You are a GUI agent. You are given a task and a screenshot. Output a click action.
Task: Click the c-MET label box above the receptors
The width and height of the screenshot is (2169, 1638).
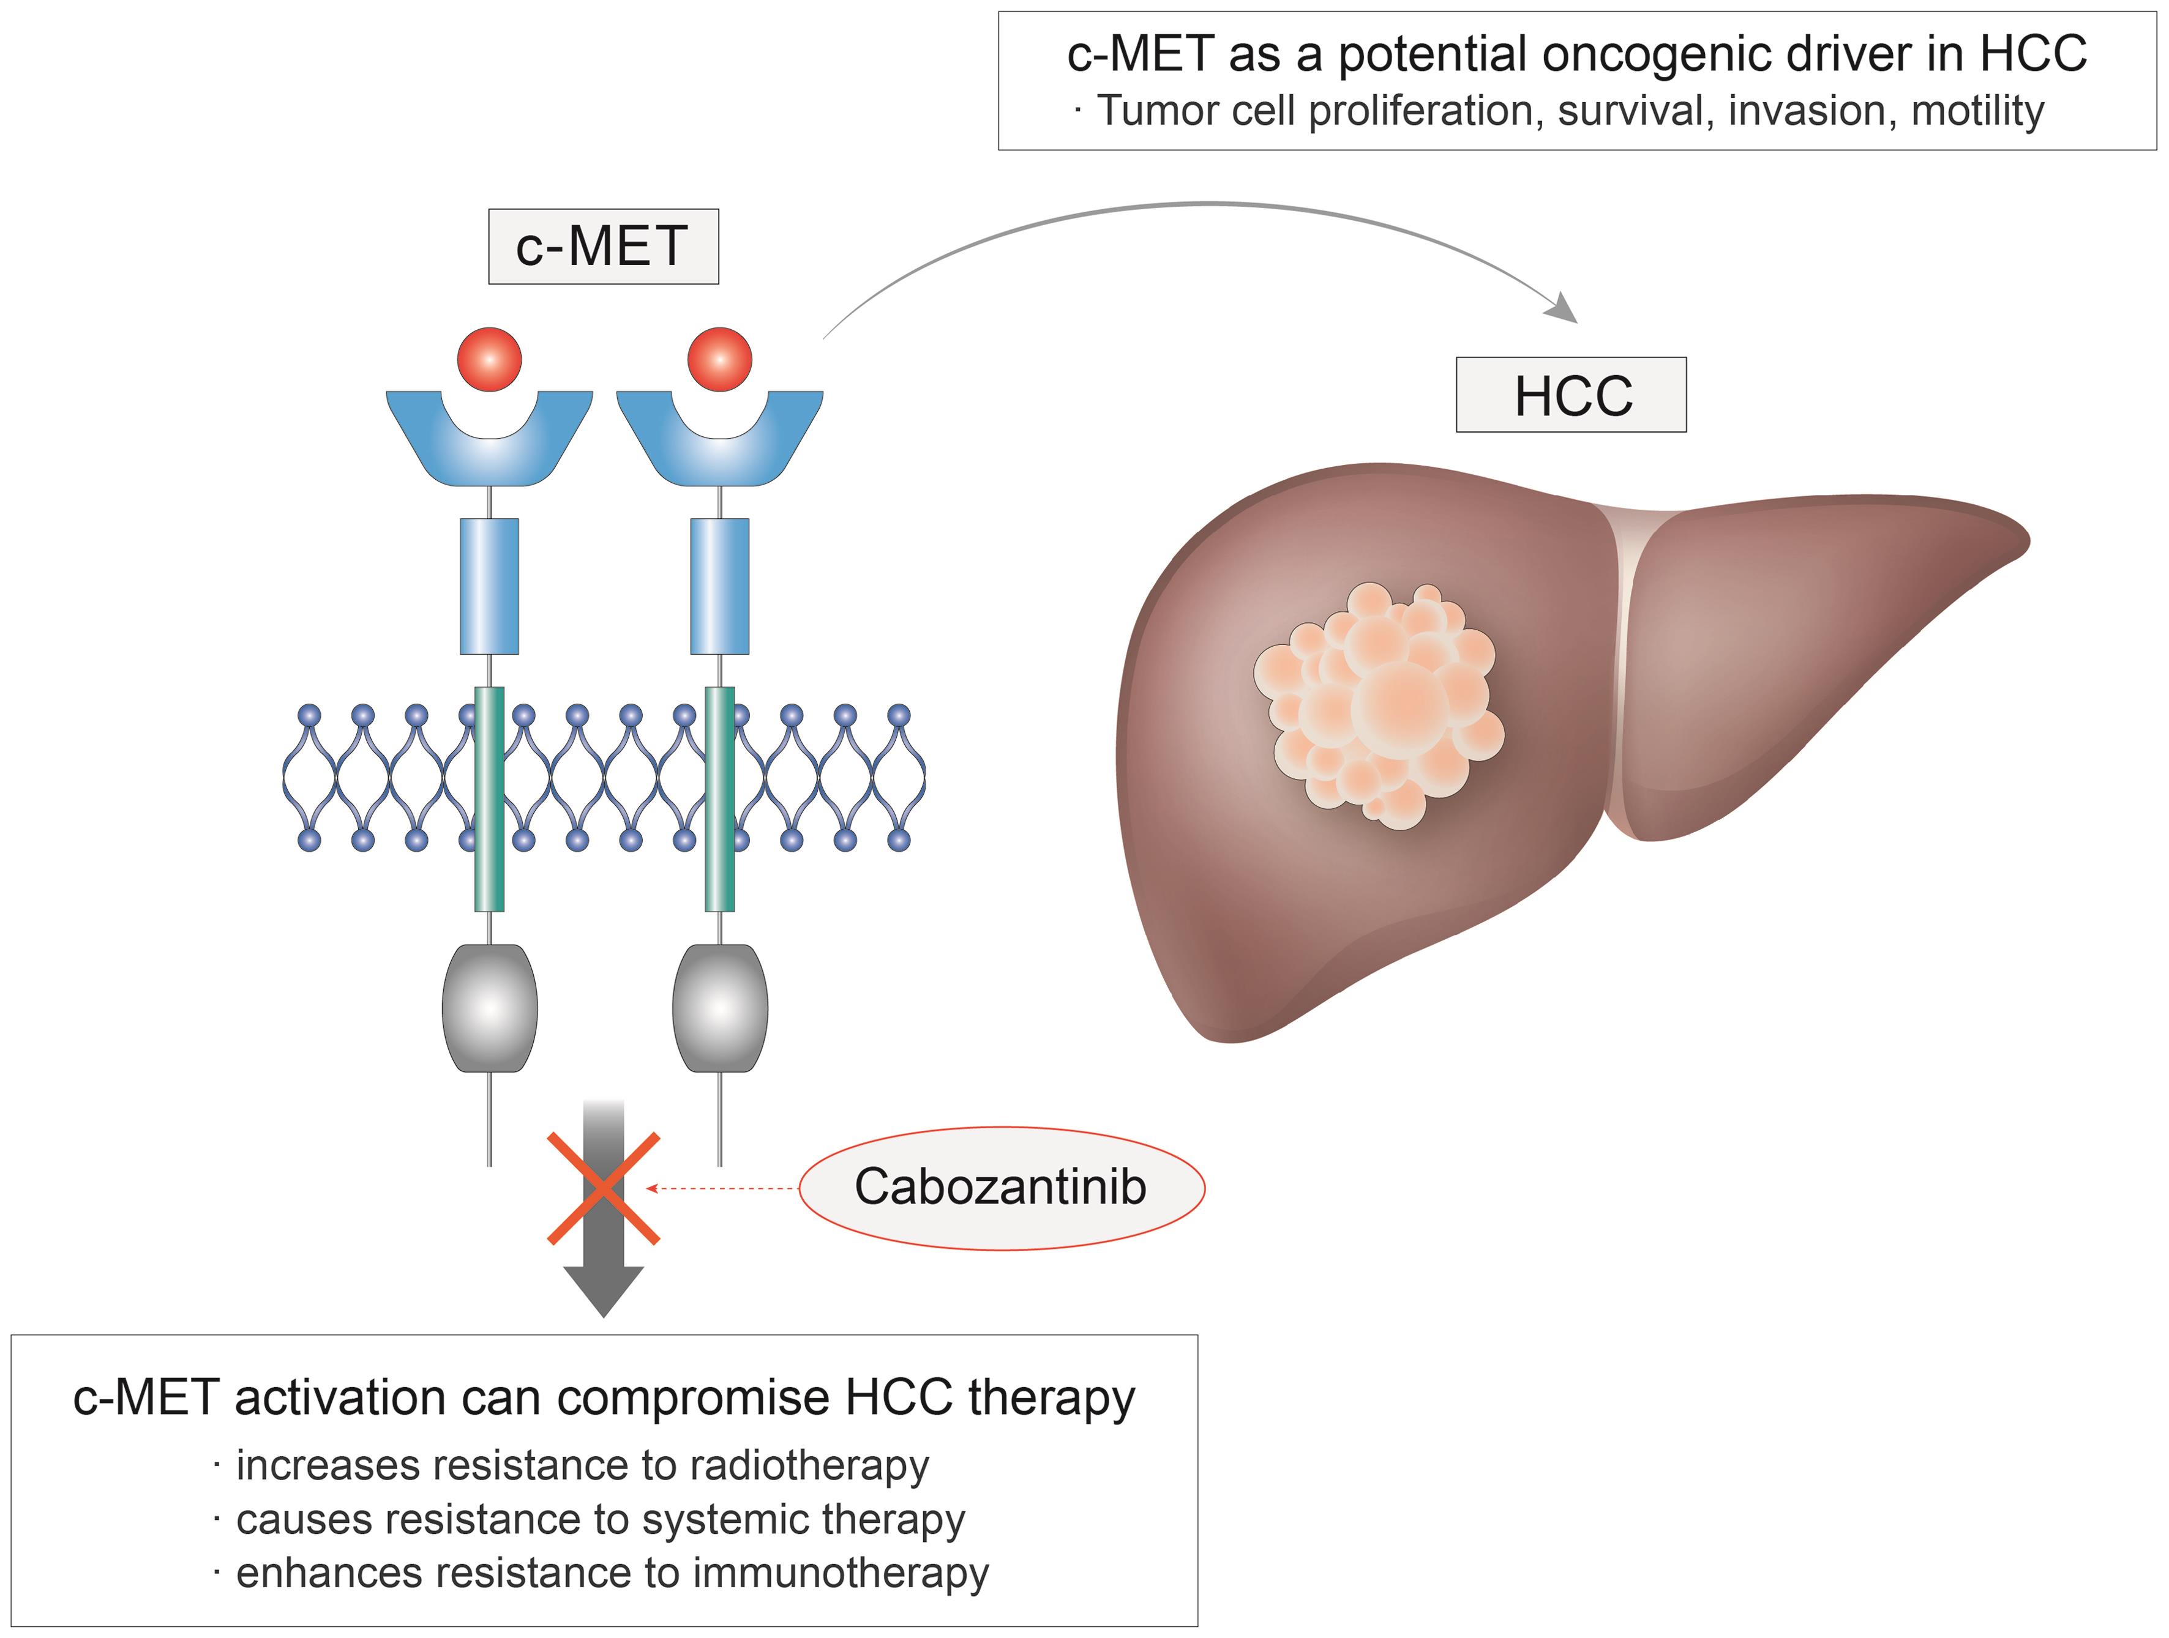603,246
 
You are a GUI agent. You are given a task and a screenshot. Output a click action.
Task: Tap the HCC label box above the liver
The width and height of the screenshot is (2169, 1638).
1571,395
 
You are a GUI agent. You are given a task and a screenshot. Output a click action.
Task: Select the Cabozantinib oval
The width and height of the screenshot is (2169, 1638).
1001,1187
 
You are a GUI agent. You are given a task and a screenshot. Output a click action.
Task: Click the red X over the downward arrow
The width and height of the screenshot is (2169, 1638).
603,1188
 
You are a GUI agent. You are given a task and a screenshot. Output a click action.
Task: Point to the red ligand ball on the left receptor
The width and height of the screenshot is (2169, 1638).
489,359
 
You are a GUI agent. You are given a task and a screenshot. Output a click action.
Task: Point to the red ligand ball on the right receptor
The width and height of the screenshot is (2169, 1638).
720,359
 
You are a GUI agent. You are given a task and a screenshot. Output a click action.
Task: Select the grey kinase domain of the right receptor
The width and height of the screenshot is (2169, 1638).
720,1008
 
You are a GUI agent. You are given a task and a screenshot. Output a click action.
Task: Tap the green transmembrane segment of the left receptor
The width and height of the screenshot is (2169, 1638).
489,799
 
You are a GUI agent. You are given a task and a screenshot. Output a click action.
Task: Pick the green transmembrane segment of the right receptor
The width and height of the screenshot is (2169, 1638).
720,799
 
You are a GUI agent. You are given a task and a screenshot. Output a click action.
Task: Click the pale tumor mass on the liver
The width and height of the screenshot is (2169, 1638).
1377,704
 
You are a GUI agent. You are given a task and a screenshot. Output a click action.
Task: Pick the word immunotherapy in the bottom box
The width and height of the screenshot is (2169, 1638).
841,1573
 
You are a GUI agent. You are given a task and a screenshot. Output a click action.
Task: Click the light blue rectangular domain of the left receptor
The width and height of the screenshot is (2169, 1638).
489,586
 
